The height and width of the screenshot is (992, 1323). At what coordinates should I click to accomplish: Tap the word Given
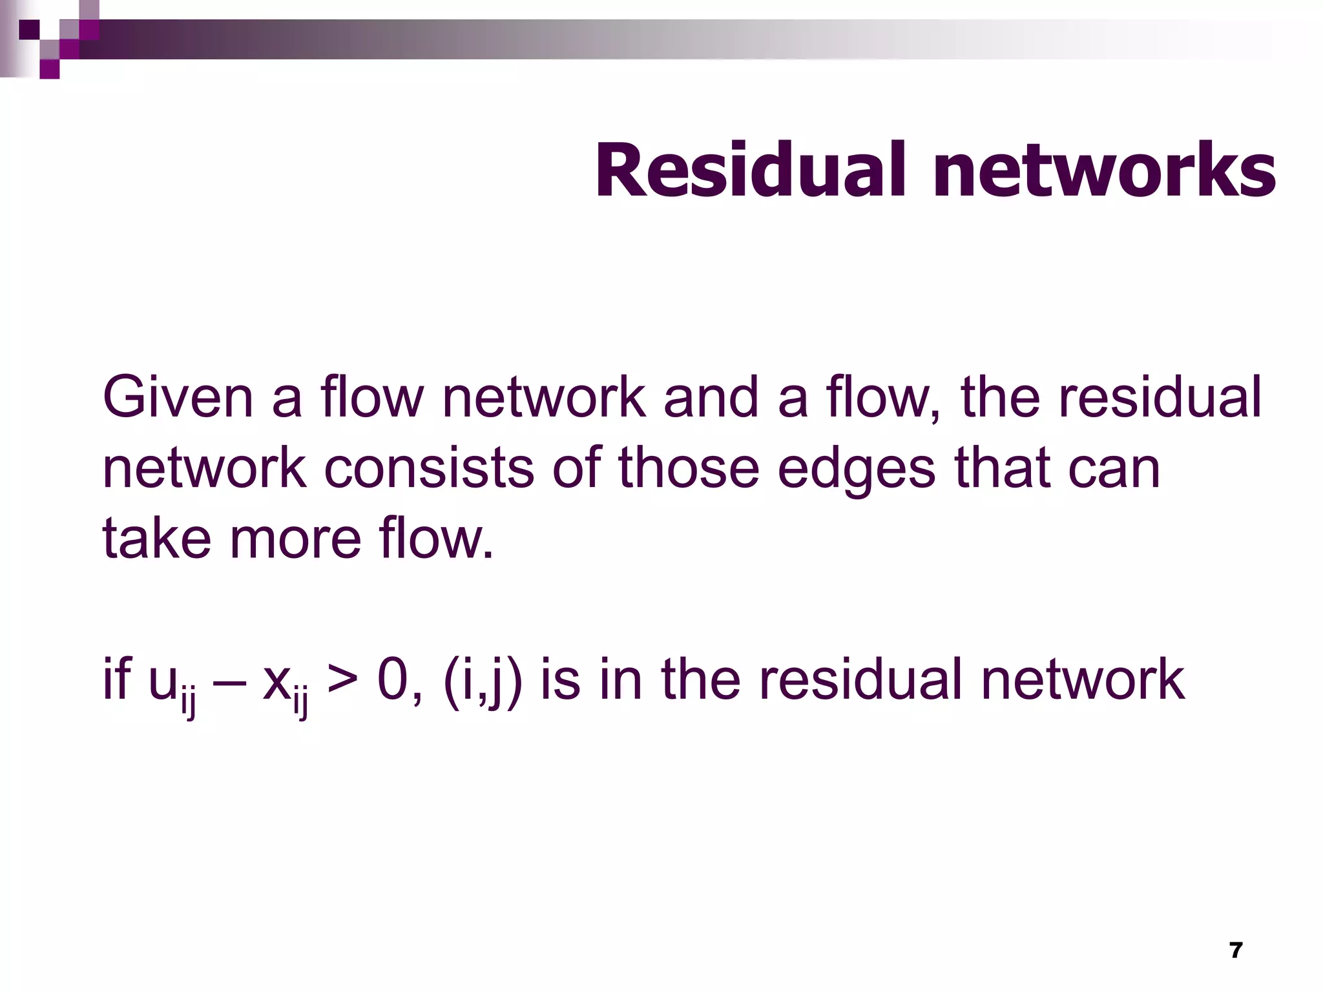point(178,398)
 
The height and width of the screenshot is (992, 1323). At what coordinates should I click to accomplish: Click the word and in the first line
point(711,398)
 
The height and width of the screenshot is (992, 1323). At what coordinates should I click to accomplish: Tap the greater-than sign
point(342,680)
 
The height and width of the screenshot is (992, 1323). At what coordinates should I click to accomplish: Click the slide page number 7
point(1236,950)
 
